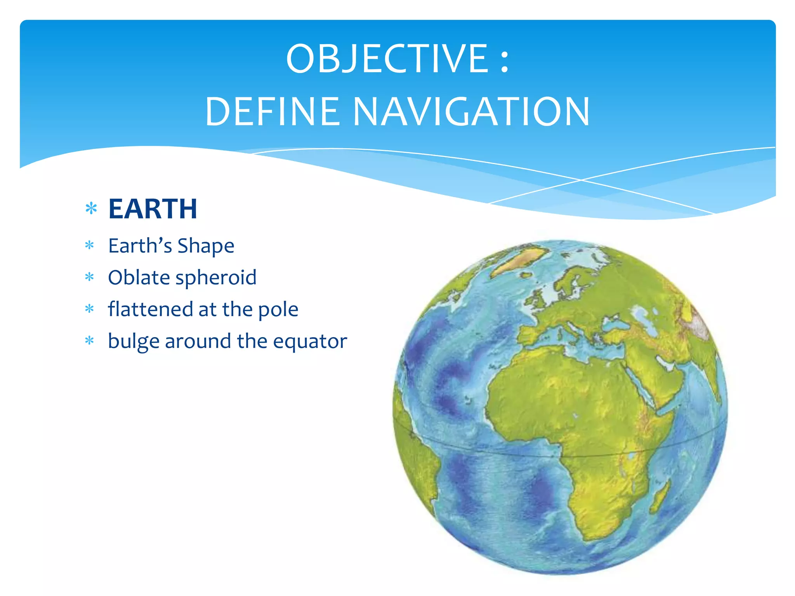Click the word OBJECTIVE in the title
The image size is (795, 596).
coord(387,59)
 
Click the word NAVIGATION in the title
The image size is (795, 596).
coord(471,112)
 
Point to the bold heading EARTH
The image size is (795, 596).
coord(153,209)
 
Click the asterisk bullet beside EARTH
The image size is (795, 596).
coord(91,209)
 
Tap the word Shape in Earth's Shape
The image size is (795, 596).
coord(206,246)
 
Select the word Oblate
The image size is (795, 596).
coord(139,278)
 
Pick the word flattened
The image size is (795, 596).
coord(150,309)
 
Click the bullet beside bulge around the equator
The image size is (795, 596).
coord(90,341)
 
